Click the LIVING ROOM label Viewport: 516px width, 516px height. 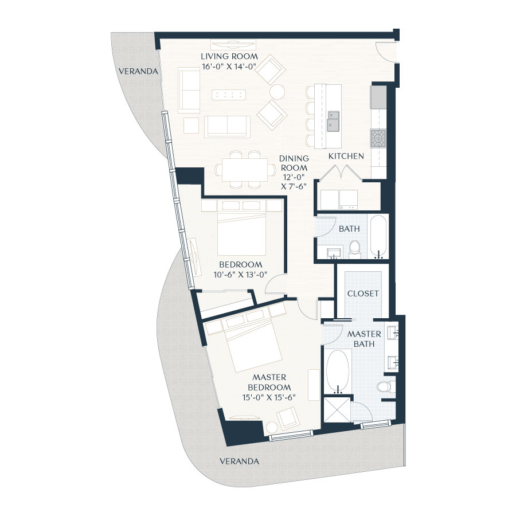pyautogui.click(x=229, y=57)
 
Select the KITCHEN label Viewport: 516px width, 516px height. pyautogui.click(x=346, y=156)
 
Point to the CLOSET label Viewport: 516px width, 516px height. pyautogui.click(x=363, y=293)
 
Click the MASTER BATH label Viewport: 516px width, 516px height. pyautogui.click(x=361, y=339)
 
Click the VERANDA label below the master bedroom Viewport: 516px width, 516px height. pyautogui.click(x=239, y=461)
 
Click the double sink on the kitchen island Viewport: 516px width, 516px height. pyautogui.click(x=333, y=121)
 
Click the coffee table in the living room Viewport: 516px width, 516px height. pyautogui.click(x=228, y=95)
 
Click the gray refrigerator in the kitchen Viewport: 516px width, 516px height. pyautogui.click(x=378, y=97)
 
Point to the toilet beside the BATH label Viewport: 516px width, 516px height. pyautogui.click(x=354, y=248)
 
